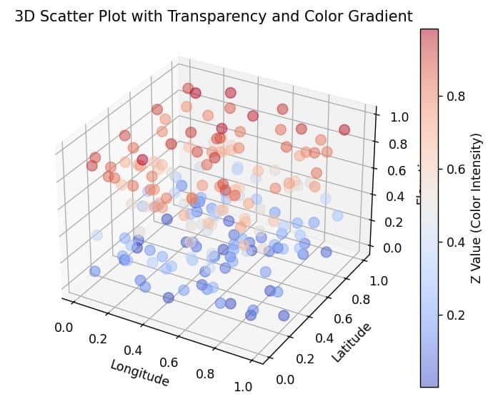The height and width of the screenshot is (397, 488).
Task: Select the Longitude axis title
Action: click(x=139, y=373)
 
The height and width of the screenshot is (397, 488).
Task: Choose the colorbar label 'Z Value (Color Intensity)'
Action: click(x=476, y=208)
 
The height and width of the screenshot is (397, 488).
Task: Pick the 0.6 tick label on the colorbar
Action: click(x=456, y=169)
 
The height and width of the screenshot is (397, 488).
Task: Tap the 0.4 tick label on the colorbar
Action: click(x=456, y=242)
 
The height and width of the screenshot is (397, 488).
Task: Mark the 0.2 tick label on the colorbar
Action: click(x=456, y=315)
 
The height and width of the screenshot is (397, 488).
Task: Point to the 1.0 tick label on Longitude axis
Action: click(x=244, y=387)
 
